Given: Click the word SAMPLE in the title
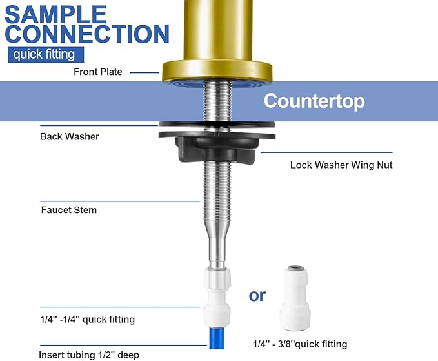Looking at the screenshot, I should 56,14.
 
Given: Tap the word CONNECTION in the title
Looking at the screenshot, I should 88,34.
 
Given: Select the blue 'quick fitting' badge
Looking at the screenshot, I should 45,55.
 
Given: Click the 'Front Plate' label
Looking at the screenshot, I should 97,72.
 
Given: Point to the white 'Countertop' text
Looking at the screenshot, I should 314,101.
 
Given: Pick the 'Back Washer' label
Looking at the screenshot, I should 70,136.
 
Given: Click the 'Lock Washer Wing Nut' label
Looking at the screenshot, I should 341,165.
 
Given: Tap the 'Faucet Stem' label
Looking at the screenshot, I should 68,210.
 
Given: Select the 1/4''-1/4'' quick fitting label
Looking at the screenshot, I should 88,319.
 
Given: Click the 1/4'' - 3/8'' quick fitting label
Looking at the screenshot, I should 299,344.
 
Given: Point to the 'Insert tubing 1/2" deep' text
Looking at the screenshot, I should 89,355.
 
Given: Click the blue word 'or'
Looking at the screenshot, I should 257,295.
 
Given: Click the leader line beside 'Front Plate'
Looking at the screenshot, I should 144,72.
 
